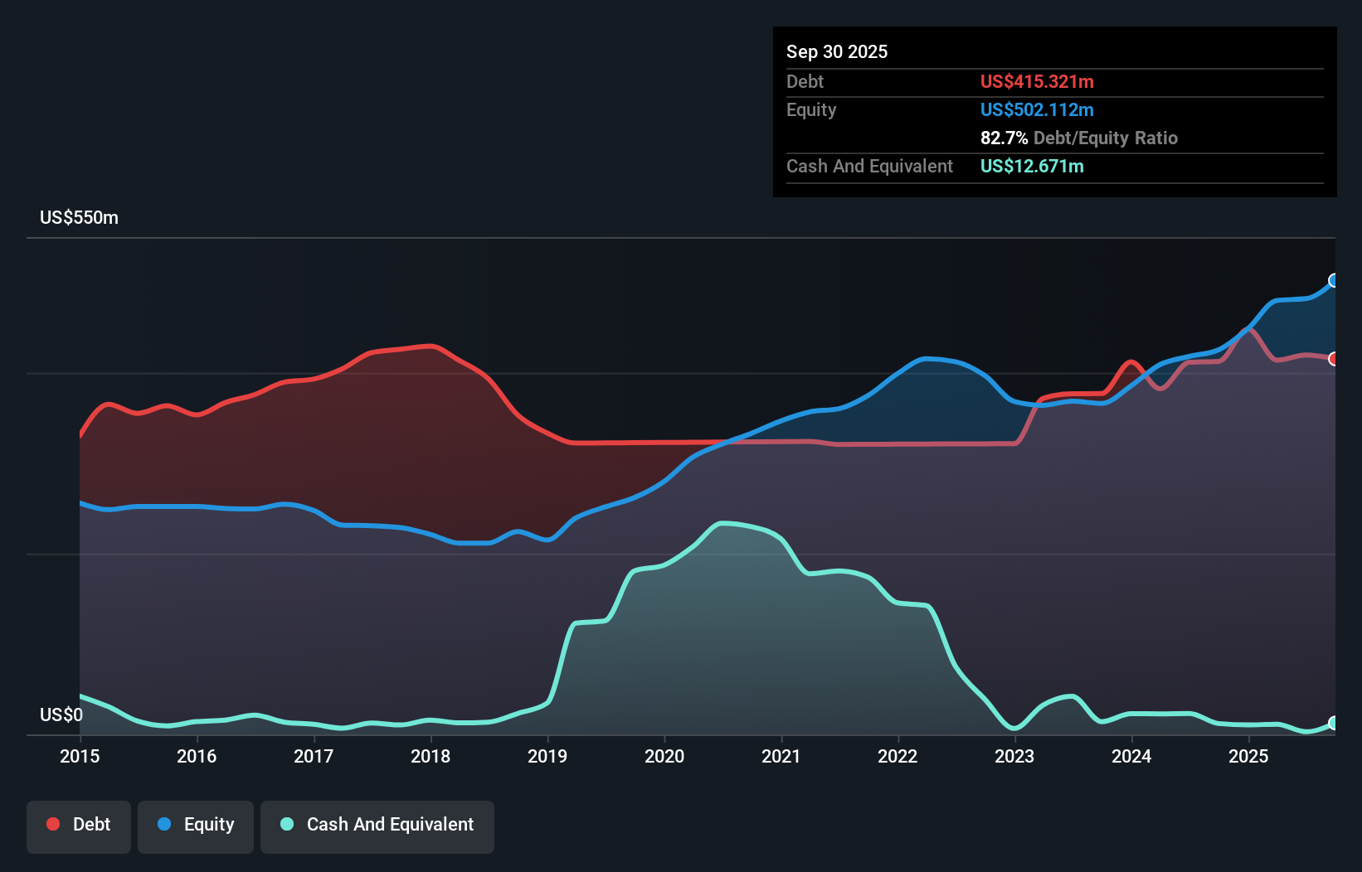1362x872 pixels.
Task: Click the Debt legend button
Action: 79,826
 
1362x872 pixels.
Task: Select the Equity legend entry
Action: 196,826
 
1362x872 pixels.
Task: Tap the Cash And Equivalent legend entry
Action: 377,826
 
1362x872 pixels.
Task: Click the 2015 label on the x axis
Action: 80,756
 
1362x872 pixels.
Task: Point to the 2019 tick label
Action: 547,756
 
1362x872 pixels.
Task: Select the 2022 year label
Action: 897,756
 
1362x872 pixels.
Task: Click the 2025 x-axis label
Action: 1248,756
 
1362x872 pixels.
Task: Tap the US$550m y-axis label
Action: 79,218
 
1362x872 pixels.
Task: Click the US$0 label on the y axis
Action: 61,715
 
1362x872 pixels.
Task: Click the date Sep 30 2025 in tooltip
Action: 836,52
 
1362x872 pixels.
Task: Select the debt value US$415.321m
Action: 1036,82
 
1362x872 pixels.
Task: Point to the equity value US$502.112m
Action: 1036,110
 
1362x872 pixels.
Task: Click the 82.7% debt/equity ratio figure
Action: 1004,138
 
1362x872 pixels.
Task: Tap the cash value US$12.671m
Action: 1031,167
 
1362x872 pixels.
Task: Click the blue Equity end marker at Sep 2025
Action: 1334,280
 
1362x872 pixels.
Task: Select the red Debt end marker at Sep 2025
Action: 1334,359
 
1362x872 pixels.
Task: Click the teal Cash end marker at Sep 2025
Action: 1334,723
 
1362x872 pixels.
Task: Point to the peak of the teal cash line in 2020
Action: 723,523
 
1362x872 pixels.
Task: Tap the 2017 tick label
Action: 314,756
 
